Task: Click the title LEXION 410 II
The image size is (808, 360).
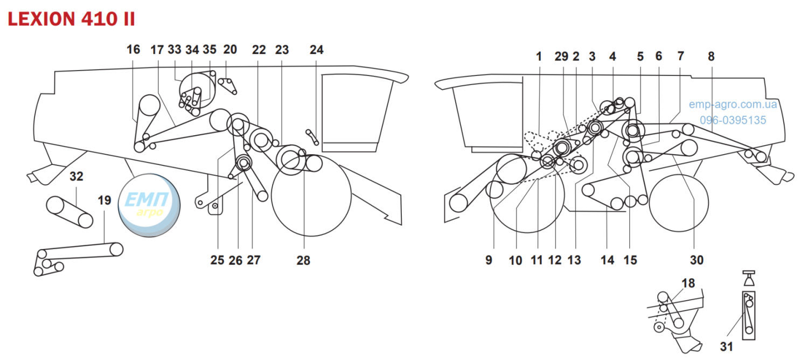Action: (72, 19)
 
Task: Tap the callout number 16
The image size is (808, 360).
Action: (133, 50)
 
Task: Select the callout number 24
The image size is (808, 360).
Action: (316, 50)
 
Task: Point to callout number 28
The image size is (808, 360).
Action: (303, 260)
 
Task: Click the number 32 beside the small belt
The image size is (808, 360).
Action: (76, 176)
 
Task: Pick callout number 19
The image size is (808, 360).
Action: (105, 200)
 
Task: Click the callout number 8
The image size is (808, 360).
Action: (711, 56)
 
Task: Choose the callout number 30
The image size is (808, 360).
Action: (697, 260)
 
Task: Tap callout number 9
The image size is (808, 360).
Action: (489, 260)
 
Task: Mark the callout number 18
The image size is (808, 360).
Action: (688, 283)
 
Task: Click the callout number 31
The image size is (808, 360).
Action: (727, 347)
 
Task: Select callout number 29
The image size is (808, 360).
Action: (561, 56)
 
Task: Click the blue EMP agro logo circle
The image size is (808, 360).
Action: (149, 205)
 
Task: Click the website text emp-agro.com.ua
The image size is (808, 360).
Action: (733, 104)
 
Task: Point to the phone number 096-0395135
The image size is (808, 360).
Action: (733, 120)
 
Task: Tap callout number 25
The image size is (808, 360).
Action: (218, 260)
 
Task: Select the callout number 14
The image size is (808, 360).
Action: (608, 260)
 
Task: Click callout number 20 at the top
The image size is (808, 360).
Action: (230, 50)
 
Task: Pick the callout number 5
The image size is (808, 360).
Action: (640, 56)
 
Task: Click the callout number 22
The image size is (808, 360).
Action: (259, 50)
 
